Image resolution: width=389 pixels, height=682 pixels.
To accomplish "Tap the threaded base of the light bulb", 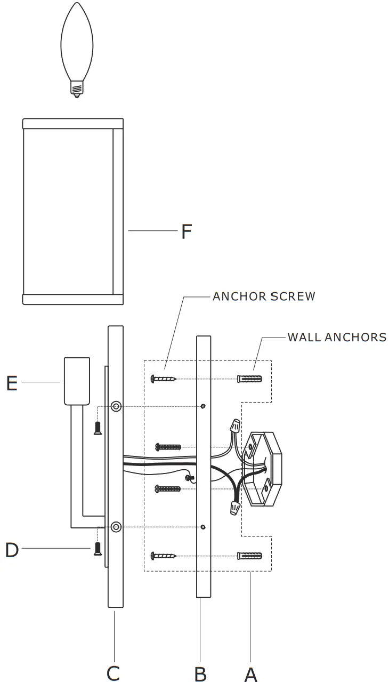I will pos(77,88).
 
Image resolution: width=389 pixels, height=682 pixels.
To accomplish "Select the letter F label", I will pos(185,231).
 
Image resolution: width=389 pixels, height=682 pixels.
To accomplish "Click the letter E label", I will pos(12,383).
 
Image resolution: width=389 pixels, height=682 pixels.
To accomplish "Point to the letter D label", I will pos(12,550).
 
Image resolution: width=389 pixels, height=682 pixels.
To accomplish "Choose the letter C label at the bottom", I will pos(113,673).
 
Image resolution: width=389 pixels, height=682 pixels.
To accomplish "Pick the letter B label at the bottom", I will pos(200,673).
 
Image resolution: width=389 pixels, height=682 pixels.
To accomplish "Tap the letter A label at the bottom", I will pos(251,673).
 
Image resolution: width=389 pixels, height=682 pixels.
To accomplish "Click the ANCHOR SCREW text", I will pos(264,296).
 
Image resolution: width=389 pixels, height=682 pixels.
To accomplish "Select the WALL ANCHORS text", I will pos(337,338).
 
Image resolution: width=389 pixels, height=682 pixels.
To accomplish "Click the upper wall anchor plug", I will pos(249,379).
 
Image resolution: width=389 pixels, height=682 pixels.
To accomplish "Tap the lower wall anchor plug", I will pos(249,556).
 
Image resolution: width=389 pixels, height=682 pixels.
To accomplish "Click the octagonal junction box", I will pos(262,469).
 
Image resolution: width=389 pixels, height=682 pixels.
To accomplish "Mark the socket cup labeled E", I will pos(74,381).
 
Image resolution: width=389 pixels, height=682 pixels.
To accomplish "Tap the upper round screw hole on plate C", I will pos(116,407).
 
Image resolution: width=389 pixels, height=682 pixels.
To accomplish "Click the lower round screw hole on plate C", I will pos(116,527).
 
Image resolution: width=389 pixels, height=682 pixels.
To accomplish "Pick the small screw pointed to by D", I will pos(98,549).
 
